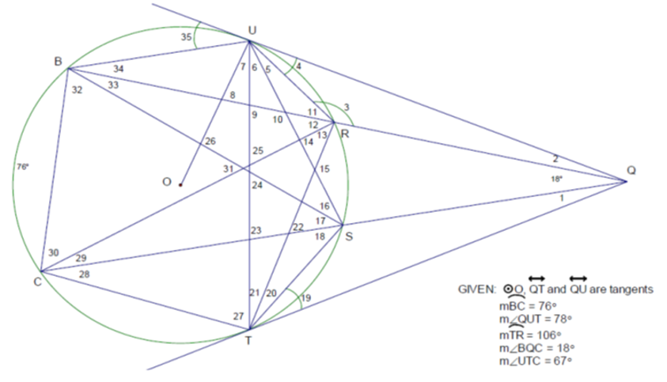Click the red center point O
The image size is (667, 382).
[180, 185]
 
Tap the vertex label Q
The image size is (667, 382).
[631, 171]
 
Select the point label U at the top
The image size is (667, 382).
[252, 30]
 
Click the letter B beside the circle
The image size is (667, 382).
[59, 62]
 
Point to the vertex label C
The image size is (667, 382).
[37, 282]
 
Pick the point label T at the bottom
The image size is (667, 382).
[248, 341]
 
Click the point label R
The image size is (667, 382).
[345, 134]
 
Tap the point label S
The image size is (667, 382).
[349, 236]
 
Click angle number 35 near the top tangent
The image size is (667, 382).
[186, 37]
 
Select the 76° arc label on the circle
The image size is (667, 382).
[23, 167]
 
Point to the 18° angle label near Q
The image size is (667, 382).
[557, 179]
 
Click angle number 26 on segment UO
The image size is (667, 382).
[210, 141]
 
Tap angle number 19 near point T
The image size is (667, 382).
[306, 298]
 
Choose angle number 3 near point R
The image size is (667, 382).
[347, 108]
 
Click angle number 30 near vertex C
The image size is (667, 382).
[53, 252]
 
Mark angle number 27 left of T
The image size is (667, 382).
[238, 316]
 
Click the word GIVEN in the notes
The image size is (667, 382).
[477, 289]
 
